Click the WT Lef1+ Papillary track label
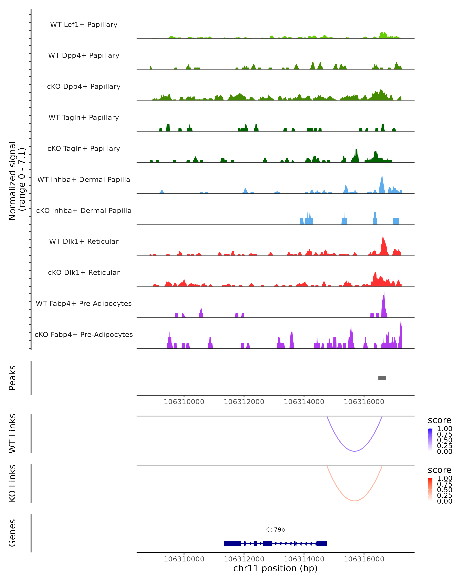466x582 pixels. pyautogui.click(x=84, y=25)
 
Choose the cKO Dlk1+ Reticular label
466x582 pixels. pyautogui.click(x=84, y=272)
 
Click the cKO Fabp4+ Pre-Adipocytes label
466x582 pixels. pyautogui.click(x=84, y=334)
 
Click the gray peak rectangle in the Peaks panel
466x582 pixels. pyautogui.click(x=382, y=378)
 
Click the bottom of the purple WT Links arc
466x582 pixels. pyautogui.click(x=354, y=451)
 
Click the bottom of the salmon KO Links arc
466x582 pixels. pyautogui.click(x=354, y=501)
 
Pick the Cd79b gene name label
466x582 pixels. pyautogui.click(x=275, y=529)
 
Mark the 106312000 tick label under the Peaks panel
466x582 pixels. pyautogui.click(x=244, y=402)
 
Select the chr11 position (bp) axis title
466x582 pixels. pyautogui.click(x=275, y=568)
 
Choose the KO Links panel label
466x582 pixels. pyautogui.click(x=12, y=483)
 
